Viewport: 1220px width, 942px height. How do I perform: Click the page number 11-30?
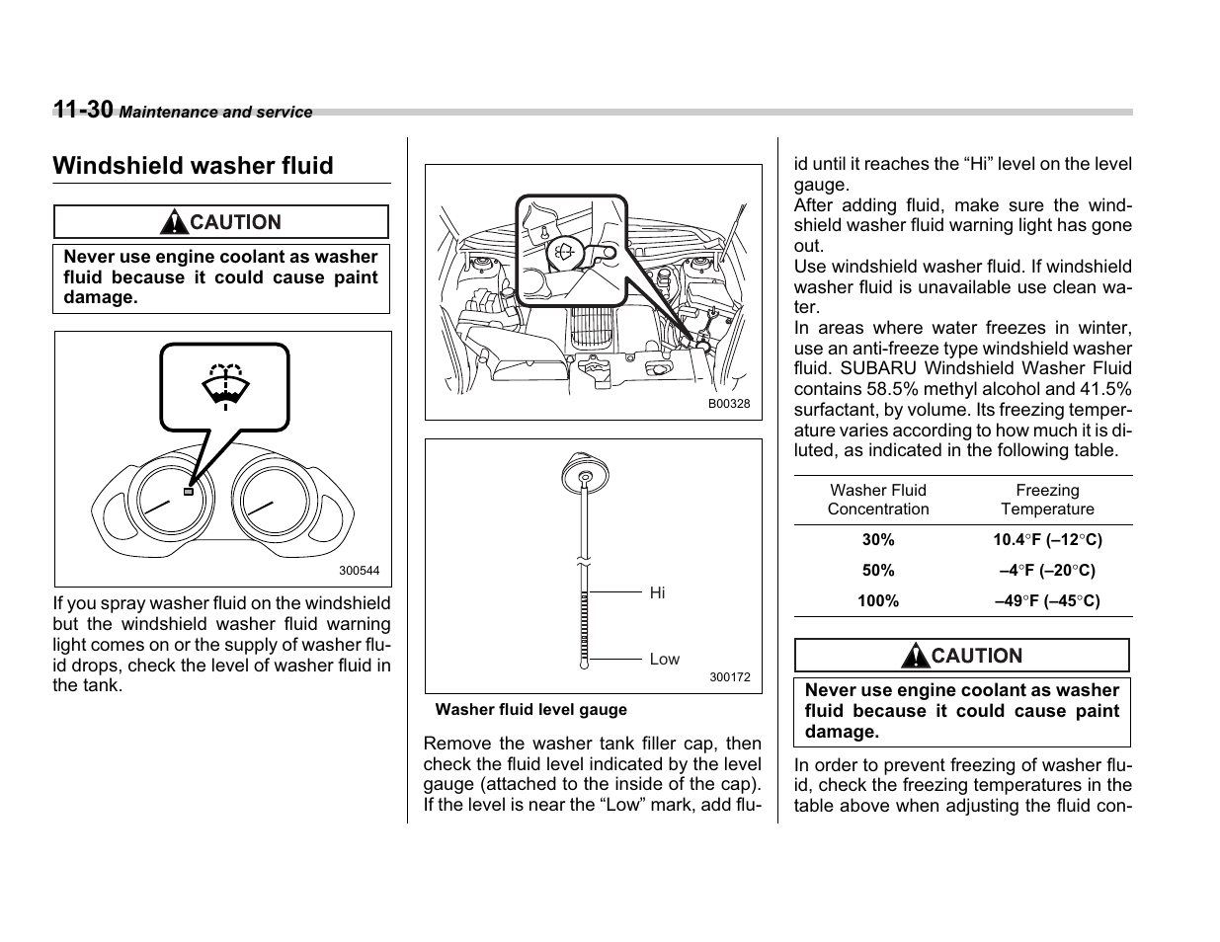pos(83,110)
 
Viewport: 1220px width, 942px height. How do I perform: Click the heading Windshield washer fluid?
pos(193,166)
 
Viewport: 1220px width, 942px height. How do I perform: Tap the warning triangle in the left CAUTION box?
pos(176,222)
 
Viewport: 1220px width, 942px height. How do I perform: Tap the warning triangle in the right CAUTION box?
pos(917,656)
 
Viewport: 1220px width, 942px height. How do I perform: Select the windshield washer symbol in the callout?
pos(225,387)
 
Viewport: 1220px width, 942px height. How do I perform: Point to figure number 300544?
pos(359,571)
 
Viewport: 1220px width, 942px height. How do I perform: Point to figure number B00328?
pos(728,404)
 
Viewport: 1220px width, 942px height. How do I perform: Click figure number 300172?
pos(729,677)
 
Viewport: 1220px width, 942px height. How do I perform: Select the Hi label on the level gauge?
pos(657,592)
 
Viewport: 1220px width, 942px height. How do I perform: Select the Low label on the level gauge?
pos(664,660)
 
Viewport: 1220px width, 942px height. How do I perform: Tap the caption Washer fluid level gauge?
pos(530,709)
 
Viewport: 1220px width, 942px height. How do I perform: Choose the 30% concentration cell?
pos(878,540)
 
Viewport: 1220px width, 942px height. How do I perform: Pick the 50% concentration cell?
pos(878,571)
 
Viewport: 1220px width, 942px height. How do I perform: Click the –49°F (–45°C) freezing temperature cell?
pos(1047,600)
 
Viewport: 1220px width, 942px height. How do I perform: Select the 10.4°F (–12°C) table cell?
pos(1047,540)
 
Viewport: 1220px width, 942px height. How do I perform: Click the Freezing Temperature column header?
pos(1047,500)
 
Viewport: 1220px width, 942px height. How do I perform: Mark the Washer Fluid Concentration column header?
pos(878,500)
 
